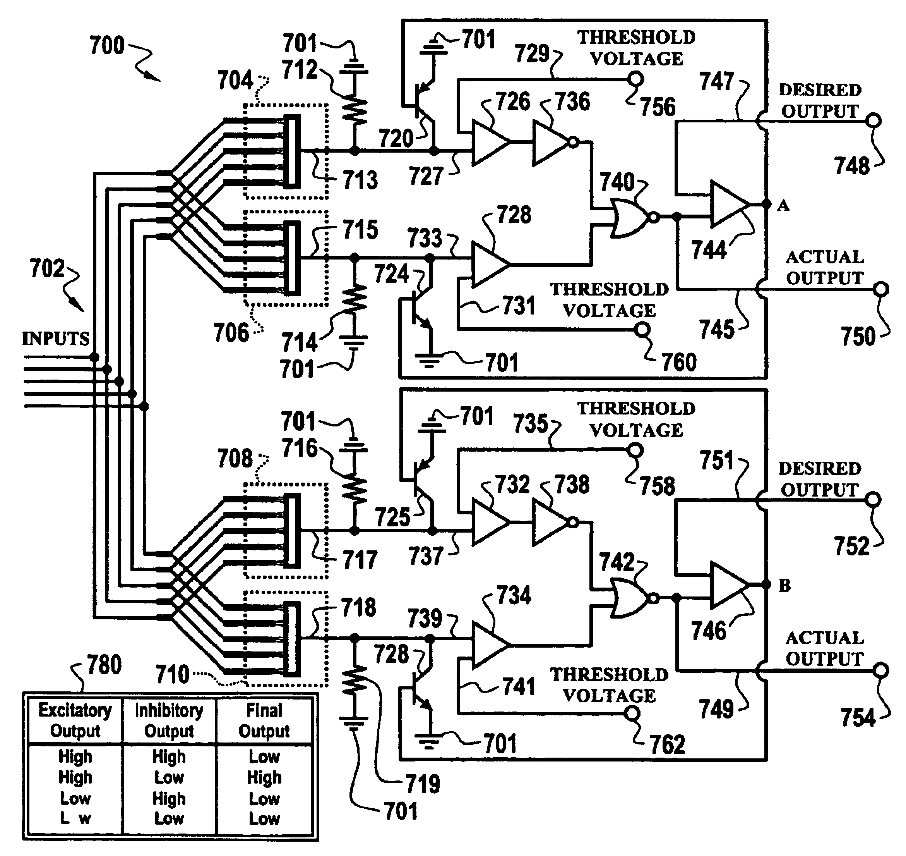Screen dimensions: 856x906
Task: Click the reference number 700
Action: point(107,46)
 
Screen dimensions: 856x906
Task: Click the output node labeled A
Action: point(767,205)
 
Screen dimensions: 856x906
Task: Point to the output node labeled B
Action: point(767,584)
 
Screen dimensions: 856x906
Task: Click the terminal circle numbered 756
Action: point(635,80)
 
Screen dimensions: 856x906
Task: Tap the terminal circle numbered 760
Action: point(642,328)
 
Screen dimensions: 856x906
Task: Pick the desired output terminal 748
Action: point(873,120)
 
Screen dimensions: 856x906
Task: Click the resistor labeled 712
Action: point(354,110)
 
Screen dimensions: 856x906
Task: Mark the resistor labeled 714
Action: point(354,299)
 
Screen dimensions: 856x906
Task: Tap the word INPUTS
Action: point(56,339)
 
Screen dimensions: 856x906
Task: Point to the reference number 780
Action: point(104,665)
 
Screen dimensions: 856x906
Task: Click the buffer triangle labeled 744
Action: point(729,205)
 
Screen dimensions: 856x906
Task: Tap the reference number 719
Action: point(423,784)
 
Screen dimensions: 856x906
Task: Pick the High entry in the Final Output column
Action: point(264,777)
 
